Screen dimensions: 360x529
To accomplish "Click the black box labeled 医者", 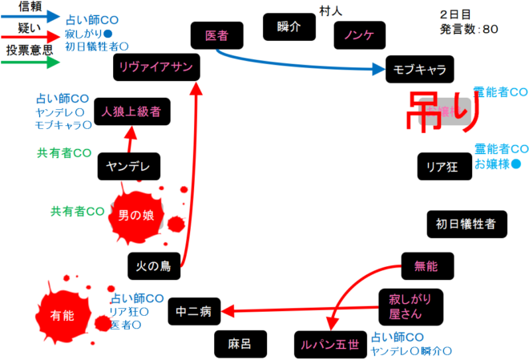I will pyautogui.click(x=216, y=35).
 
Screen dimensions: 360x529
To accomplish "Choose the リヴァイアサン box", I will pyautogui.click(x=155, y=67).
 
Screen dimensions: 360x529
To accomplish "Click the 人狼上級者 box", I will pyautogui.click(x=131, y=112).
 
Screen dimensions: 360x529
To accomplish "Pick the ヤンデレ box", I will pyautogui.click(x=128, y=166).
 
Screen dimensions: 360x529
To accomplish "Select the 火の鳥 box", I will pyautogui.click(x=151, y=265).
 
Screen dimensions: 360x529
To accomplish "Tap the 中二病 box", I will pyautogui.click(x=193, y=311).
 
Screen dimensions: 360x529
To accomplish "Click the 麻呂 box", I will pyautogui.click(x=240, y=344).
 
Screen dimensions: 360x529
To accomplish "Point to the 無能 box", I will pyautogui.click(x=426, y=264).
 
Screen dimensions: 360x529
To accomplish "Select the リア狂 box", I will pyautogui.click(x=442, y=166).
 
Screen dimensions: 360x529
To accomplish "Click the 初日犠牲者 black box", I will pyautogui.click(x=466, y=224).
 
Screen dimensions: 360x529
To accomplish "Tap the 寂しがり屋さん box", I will pyautogui.click(x=410, y=305).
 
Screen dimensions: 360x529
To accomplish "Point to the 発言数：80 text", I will pyautogui.click(x=469, y=30).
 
